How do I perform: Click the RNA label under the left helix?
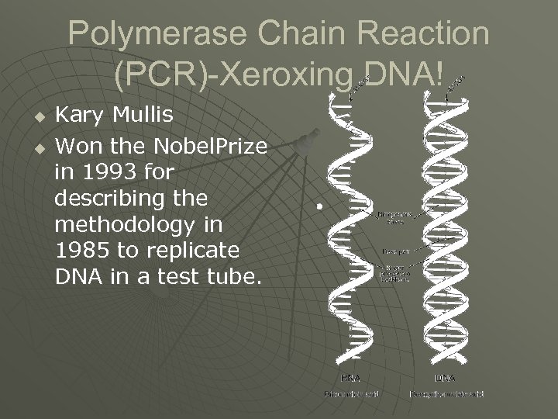[x=350, y=378]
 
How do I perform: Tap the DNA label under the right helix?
[x=445, y=378]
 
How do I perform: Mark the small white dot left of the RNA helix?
[x=318, y=206]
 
